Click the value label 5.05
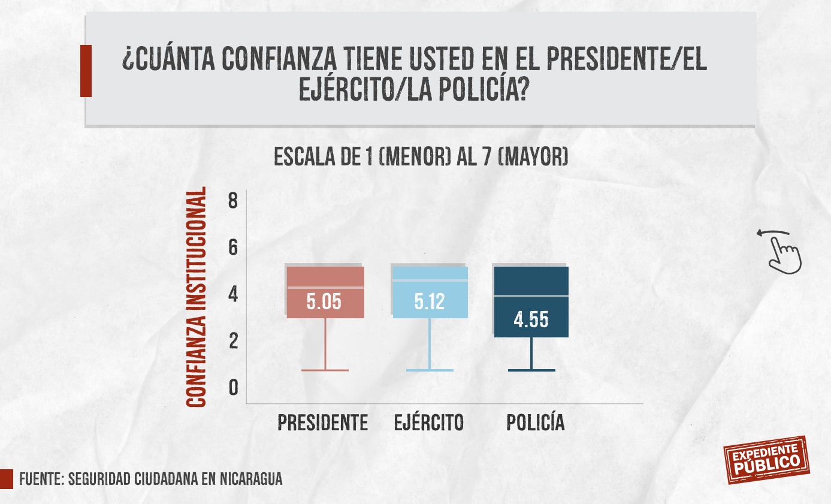point(324,301)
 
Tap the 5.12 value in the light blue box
point(430,301)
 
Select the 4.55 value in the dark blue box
point(531,319)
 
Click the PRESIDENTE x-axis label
point(322,423)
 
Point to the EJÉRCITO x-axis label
point(429,423)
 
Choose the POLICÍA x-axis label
point(536,423)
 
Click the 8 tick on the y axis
point(233,200)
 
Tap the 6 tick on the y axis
point(233,247)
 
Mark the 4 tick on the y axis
point(233,294)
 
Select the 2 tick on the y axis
point(233,341)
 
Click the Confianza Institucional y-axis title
point(197,297)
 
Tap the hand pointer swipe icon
point(781,252)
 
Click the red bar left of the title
point(86,71)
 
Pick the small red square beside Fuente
point(6,479)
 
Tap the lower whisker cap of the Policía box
point(531,370)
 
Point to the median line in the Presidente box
point(325,288)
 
